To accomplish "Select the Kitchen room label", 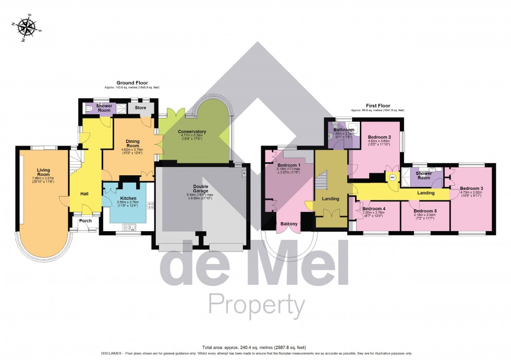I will (x=128, y=199).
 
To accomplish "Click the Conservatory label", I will (x=192, y=131).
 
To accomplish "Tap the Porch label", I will (x=85, y=221).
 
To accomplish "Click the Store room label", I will (x=140, y=108).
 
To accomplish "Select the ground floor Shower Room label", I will (x=104, y=108).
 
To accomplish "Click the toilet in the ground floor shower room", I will (x=89, y=109).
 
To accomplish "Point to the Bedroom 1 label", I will (x=289, y=165).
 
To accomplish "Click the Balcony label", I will (x=289, y=224).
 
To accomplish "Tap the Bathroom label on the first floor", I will (x=344, y=129).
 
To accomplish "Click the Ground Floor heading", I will (x=132, y=82).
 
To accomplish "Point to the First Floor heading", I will (x=377, y=105).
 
